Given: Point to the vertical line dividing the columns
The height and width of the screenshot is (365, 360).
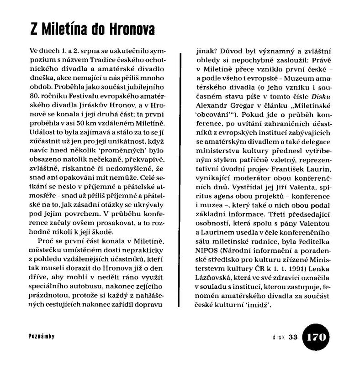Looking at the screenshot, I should (x=181, y=182).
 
